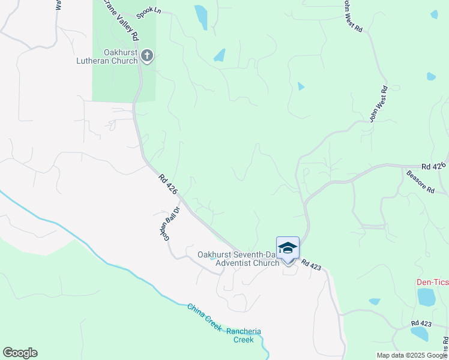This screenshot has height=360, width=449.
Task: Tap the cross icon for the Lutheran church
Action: (147, 57)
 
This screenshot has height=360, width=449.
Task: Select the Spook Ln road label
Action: (149, 11)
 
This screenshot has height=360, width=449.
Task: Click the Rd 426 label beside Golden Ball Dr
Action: (169, 184)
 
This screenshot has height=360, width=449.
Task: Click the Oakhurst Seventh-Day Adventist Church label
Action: (239, 259)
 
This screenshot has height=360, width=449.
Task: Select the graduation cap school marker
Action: (288, 248)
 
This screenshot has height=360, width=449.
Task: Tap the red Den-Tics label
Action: (432, 283)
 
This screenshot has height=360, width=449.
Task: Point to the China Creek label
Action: (204, 316)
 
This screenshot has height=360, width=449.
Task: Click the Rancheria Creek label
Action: (244, 335)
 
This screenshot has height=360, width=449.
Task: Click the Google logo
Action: (20, 353)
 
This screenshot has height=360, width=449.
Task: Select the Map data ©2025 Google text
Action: (411, 355)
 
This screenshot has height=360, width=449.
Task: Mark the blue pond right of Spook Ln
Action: (201, 16)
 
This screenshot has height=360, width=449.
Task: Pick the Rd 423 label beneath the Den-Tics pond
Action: (421, 323)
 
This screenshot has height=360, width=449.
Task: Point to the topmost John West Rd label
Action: (354, 16)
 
